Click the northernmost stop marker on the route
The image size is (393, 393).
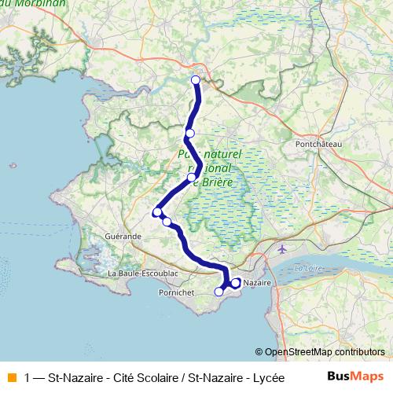tap(196, 79)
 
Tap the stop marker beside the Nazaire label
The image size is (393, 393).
tap(236, 282)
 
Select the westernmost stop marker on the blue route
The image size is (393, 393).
tap(157, 211)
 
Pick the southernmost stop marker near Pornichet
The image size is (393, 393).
tap(219, 292)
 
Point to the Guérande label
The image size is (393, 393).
tap(123, 235)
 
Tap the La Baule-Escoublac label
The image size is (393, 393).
tap(143, 273)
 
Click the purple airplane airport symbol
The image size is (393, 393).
tap(283, 249)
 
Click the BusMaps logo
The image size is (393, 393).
tap(355, 376)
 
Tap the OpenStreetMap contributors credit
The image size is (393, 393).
tap(324, 353)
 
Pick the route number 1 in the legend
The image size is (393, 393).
tap(28, 376)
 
